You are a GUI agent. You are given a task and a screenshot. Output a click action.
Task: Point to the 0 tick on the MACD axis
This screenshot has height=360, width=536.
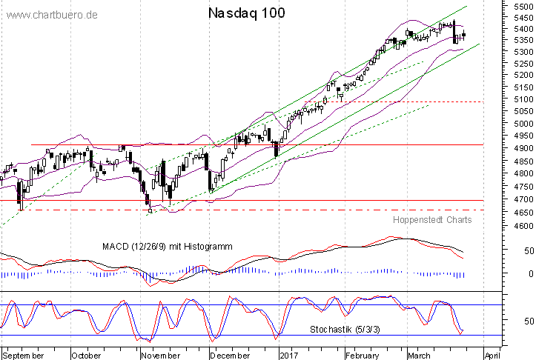(x=508, y=274)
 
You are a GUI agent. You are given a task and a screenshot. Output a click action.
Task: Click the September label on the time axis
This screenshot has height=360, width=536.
(x=24, y=355)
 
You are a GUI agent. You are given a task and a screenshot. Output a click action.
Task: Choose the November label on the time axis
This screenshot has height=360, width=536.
(x=162, y=355)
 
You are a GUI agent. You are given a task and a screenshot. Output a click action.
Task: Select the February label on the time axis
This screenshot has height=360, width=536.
(x=363, y=355)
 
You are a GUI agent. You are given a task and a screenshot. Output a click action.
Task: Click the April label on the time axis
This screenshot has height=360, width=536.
(x=494, y=355)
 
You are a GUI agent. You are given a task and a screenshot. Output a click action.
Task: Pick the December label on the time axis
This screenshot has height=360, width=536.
(x=231, y=355)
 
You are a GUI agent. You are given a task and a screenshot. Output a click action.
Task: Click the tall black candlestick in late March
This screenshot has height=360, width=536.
(x=455, y=32)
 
